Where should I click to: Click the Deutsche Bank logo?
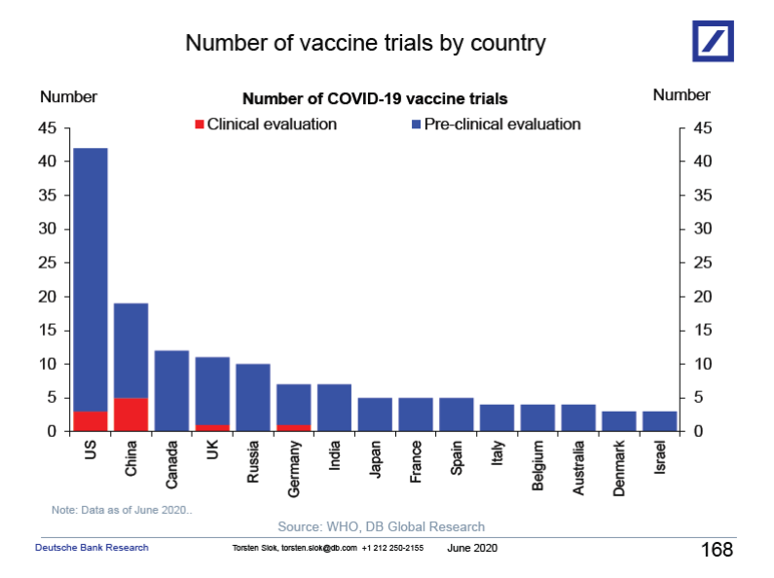pyautogui.click(x=719, y=41)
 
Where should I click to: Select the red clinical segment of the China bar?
pyautogui.click(x=130, y=415)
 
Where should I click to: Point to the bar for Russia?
pyautogui.click(x=253, y=398)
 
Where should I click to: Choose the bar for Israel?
pyautogui.click(x=660, y=421)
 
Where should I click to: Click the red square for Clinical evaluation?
pyautogui.click(x=200, y=125)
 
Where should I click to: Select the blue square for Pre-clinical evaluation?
pyautogui.click(x=416, y=125)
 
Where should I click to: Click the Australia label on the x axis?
pyautogui.click(x=578, y=470)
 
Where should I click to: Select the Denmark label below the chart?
pyautogui.click(x=619, y=469)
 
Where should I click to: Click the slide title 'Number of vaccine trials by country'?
pyautogui.click(x=365, y=44)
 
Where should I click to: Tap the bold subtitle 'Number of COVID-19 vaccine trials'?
pyautogui.click(x=375, y=99)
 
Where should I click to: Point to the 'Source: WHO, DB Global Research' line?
pyautogui.click(x=381, y=526)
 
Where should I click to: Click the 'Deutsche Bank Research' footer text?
pyautogui.click(x=92, y=548)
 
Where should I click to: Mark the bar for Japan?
pyautogui.click(x=375, y=415)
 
